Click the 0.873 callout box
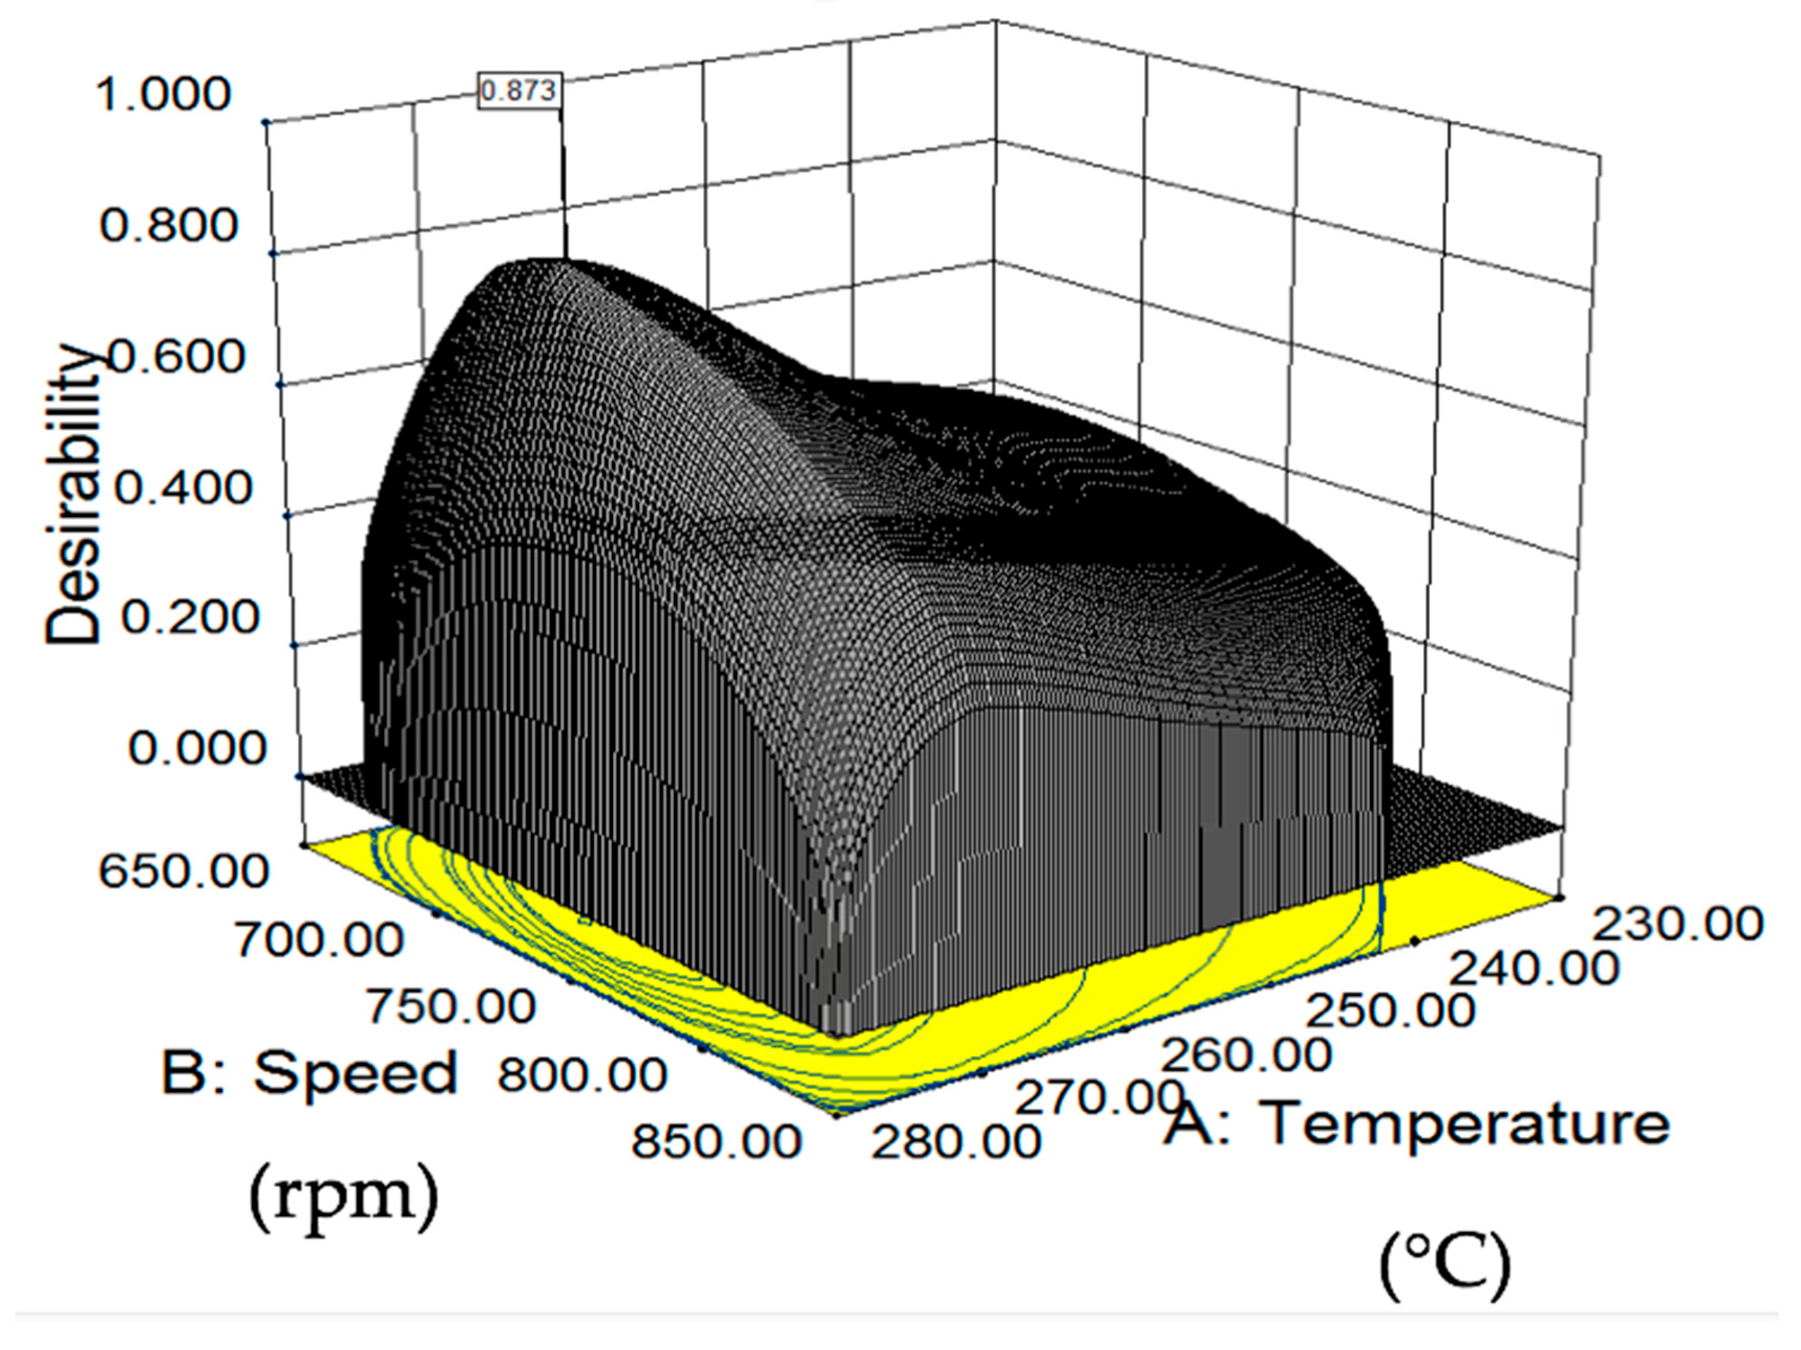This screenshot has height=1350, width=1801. coord(519,90)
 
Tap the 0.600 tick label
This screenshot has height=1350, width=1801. coord(176,356)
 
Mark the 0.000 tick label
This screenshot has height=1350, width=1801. coord(197,747)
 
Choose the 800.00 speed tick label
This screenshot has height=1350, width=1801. coord(582,1075)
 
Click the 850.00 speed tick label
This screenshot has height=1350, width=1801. coord(716,1142)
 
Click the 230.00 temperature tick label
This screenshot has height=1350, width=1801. coord(1677,924)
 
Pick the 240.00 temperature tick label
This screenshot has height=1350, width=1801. coord(1534,969)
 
